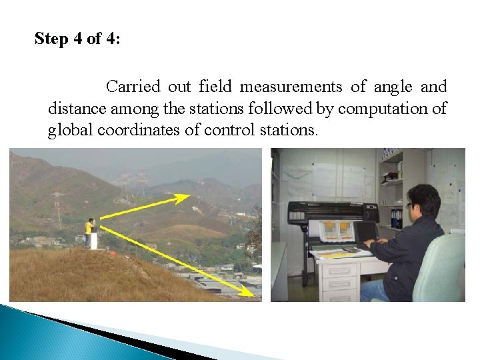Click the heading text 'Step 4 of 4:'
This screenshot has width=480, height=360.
77,39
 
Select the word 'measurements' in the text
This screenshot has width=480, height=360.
291,87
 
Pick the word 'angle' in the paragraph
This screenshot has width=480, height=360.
393,87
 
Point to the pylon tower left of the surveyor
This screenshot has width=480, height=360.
57,210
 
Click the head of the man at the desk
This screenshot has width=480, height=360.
423,200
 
